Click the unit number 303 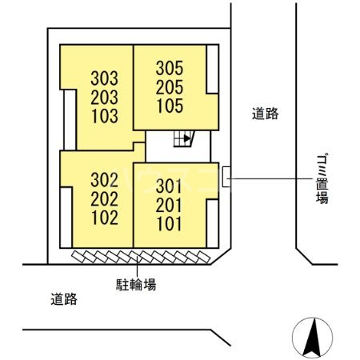pyautogui.click(x=105, y=78)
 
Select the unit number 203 pyautogui.click(x=105, y=97)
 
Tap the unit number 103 pyautogui.click(x=105, y=115)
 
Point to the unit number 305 pyautogui.click(x=170, y=69)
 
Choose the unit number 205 pyautogui.click(x=170, y=87)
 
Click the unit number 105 pyautogui.click(x=170, y=106)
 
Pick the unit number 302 pyautogui.click(x=105, y=179)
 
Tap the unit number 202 pyautogui.click(x=105, y=198)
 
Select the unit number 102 pyautogui.click(x=105, y=216)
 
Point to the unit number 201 pyautogui.click(x=170, y=206)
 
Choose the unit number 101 pyautogui.click(x=170, y=224)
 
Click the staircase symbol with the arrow pyautogui.click(x=184, y=138)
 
